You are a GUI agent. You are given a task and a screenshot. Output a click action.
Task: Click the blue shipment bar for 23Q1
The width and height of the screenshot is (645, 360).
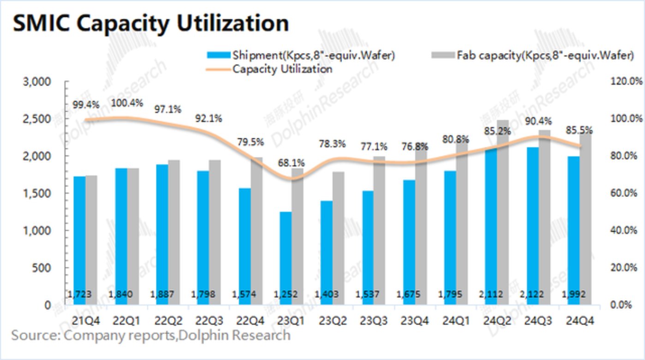(285, 249)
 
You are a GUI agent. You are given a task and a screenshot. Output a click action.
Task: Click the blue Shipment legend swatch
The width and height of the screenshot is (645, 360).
(219, 56)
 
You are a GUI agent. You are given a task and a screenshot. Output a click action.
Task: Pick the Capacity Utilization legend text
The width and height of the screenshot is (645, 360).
(282, 69)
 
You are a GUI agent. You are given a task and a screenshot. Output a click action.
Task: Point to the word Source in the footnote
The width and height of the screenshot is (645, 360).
(34, 335)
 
